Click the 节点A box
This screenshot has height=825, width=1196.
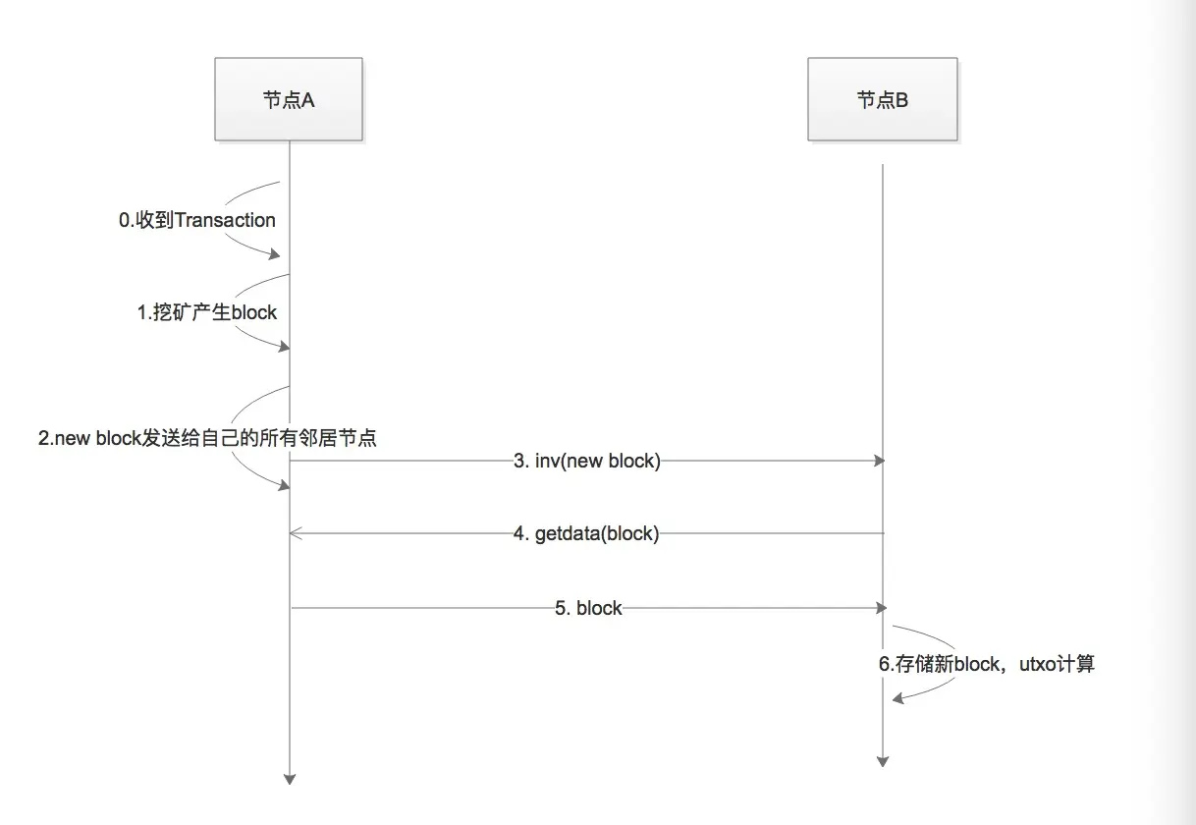(289, 99)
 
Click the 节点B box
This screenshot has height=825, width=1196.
(882, 99)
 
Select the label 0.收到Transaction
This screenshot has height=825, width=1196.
(197, 221)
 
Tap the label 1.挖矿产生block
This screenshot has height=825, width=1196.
(206, 313)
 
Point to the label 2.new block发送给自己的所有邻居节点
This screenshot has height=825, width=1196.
(207, 438)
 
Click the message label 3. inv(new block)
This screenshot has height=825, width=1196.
(587, 461)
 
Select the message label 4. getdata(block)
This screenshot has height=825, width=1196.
(586, 534)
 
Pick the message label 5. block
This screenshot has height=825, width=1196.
(588, 608)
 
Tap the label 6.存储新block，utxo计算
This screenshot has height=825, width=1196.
(986, 664)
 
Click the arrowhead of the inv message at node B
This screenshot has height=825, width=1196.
(880, 461)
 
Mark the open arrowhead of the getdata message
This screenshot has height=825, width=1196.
(297, 533)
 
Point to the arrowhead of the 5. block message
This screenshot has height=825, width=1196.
(880, 608)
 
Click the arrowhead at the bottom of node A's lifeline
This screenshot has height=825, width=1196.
(290, 779)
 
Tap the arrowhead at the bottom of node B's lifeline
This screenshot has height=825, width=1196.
(882, 760)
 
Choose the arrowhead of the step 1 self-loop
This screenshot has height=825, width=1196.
(284, 347)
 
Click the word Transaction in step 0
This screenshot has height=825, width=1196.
(225, 221)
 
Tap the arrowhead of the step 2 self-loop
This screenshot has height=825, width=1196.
(284, 485)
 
